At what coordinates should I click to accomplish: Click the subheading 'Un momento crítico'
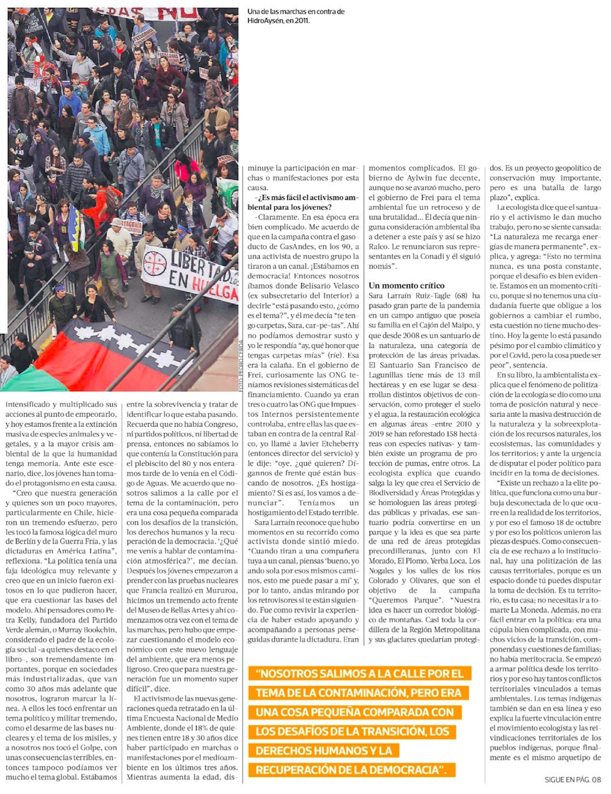point(406,285)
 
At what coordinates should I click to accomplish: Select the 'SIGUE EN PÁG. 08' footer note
point(573,779)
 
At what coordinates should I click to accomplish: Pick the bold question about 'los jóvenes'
point(302,202)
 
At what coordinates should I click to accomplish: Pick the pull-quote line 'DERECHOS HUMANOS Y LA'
point(324,751)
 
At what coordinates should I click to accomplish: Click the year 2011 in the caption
point(299,20)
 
